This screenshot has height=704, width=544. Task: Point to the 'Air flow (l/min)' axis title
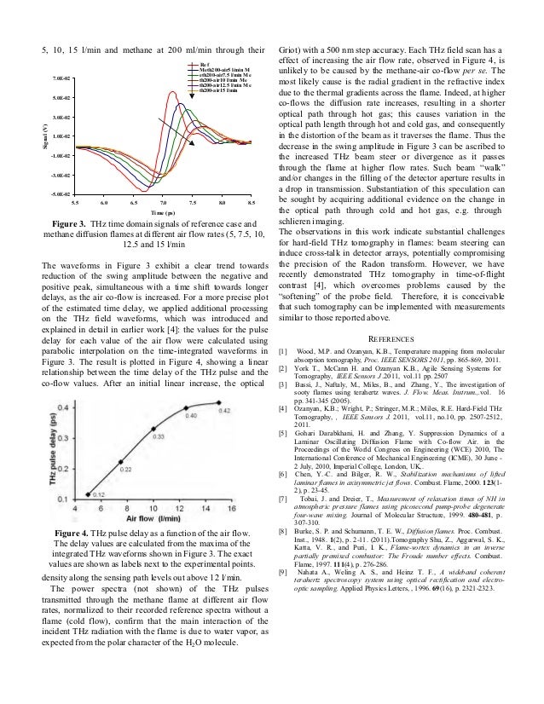tap(159, 496)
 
